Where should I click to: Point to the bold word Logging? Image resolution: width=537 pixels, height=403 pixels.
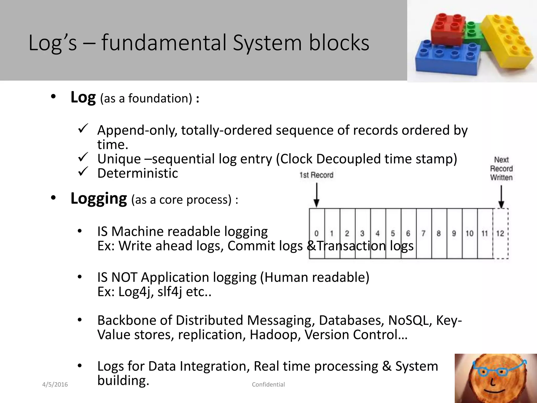(99, 199)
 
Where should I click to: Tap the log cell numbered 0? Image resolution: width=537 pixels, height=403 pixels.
(317, 234)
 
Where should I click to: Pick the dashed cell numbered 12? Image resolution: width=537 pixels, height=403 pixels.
(500, 234)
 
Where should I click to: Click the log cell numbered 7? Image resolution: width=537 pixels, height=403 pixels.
(423, 234)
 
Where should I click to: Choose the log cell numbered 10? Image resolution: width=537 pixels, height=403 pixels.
(470, 234)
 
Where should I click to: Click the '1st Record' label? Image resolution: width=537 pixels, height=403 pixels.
(316, 175)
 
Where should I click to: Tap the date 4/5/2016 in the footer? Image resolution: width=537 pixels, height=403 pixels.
(55, 385)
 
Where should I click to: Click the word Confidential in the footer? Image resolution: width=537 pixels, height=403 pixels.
(268, 385)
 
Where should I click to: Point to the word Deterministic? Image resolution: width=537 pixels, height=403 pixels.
(138, 173)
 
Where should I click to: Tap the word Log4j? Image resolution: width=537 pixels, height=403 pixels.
(136, 292)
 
